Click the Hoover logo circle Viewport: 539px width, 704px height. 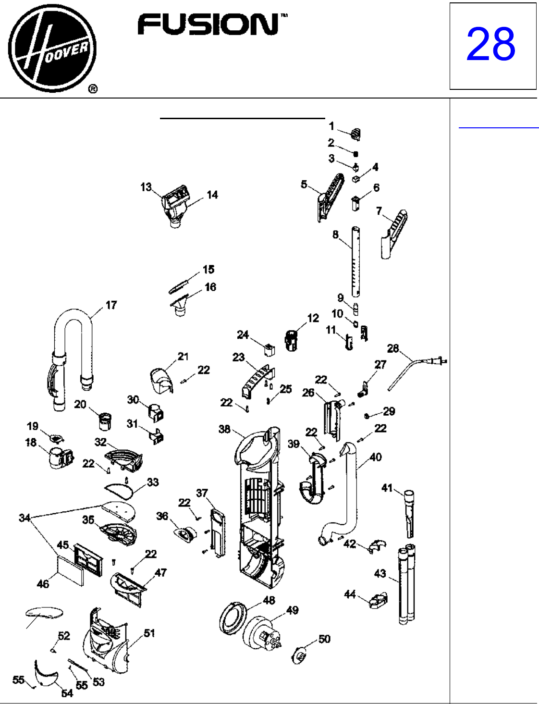click(52, 48)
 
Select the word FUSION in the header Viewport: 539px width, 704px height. click(208, 25)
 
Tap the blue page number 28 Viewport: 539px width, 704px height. click(490, 44)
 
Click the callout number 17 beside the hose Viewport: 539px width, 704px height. click(111, 305)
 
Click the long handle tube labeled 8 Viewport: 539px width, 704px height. click(356, 261)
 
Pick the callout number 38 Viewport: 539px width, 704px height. click(224, 429)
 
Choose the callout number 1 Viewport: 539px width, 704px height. click(331, 126)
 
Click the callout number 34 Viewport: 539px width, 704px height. click(24, 518)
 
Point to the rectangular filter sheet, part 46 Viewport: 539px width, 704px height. click(70, 572)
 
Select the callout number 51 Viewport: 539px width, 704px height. click(149, 633)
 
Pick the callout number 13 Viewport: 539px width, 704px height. click(146, 187)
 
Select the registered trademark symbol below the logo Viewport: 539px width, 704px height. click(93, 89)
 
